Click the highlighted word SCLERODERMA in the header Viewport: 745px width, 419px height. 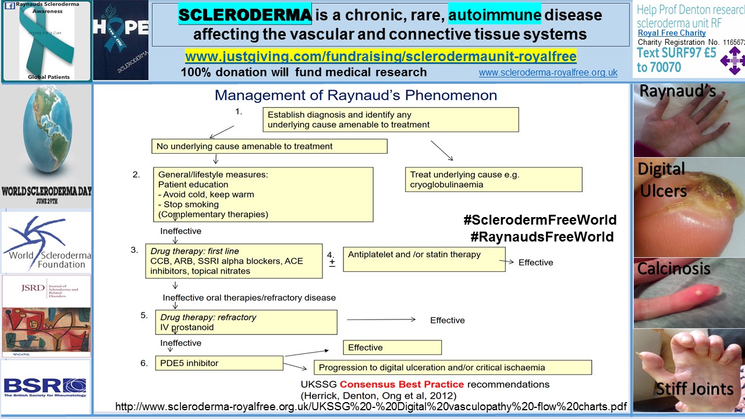tap(244, 15)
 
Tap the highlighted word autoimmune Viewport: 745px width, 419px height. tap(494, 15)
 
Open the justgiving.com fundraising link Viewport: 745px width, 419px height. tap(381, 56)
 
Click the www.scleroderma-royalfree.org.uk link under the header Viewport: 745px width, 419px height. tap(548, 73)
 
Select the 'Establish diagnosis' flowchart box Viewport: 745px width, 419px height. tap(390, 119)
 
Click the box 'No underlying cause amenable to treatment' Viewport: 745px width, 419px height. tap(269, 146)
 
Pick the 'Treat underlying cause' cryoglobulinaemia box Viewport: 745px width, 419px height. tap(493, 179)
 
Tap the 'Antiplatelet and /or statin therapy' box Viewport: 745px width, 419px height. tap(424, 258)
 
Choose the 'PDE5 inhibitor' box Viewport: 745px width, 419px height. tap(218, 363)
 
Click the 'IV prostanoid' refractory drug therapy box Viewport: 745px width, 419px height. tap(246, 322)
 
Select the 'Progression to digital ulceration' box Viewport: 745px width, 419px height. tap(452, 367)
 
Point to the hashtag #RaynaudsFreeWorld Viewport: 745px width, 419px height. tap(542, 237)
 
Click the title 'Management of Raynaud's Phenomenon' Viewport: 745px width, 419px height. tap(356, 95)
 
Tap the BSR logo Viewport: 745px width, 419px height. tap(45, 386)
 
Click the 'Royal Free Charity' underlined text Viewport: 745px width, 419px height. tap(672, 33)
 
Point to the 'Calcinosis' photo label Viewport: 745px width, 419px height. tap(673, 268)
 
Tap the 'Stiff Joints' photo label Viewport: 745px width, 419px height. tap(694, 388)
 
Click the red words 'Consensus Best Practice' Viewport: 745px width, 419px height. tap(402, 384)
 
